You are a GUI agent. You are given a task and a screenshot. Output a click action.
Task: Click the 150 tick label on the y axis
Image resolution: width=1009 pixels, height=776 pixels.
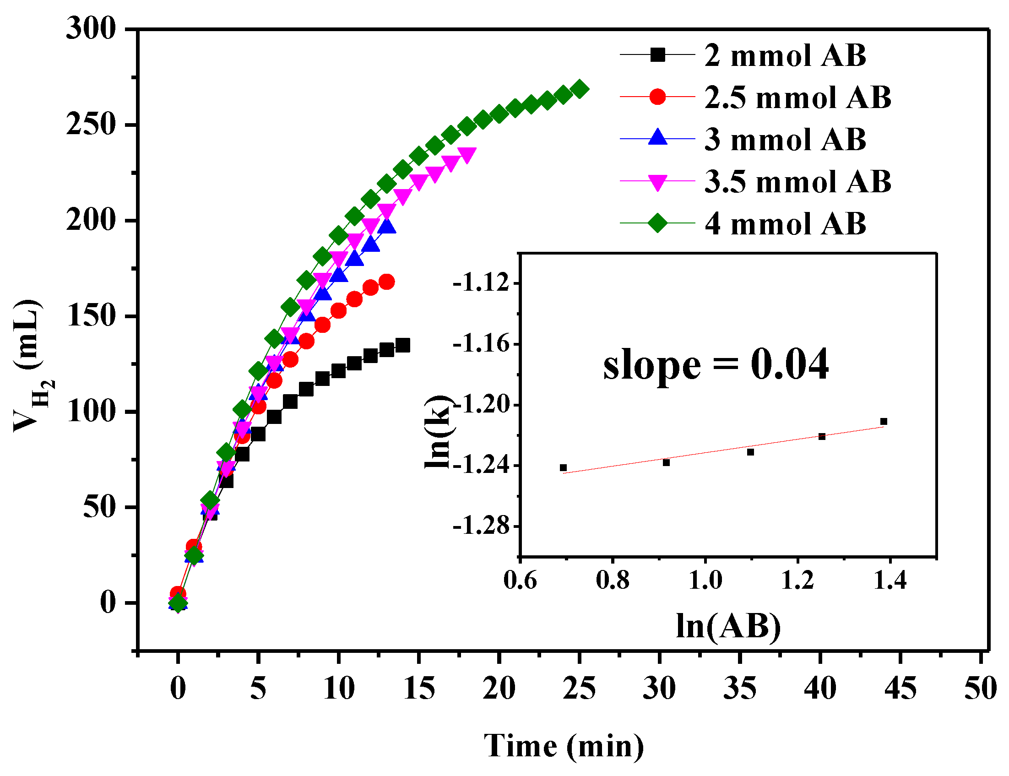click(x=91, y=316)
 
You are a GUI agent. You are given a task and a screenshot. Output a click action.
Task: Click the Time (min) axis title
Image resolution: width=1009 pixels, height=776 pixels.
click(x=563, y=746)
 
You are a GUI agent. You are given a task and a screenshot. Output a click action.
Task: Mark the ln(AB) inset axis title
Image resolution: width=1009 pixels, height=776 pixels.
click(x=728, y=627)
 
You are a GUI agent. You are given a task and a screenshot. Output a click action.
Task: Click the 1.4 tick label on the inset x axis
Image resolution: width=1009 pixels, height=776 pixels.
click(x=890, y=581)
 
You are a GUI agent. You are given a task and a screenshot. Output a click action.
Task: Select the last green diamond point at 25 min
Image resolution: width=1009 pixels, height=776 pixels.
click(x=580, y=89)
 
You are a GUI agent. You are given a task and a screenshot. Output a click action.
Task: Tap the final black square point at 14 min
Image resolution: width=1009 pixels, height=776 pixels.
click(x=402, y=346)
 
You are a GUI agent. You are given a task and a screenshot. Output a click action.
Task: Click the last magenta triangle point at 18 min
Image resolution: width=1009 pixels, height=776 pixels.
click(x=467, y=155)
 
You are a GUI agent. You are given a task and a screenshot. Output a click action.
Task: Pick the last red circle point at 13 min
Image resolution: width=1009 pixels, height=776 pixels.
click(x=386, y=282)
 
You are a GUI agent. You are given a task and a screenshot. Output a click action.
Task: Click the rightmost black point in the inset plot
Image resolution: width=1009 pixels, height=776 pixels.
click(x=884, y=421)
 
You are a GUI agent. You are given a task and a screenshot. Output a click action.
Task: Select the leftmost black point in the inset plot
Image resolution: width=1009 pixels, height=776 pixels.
click(x=563, y=468)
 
